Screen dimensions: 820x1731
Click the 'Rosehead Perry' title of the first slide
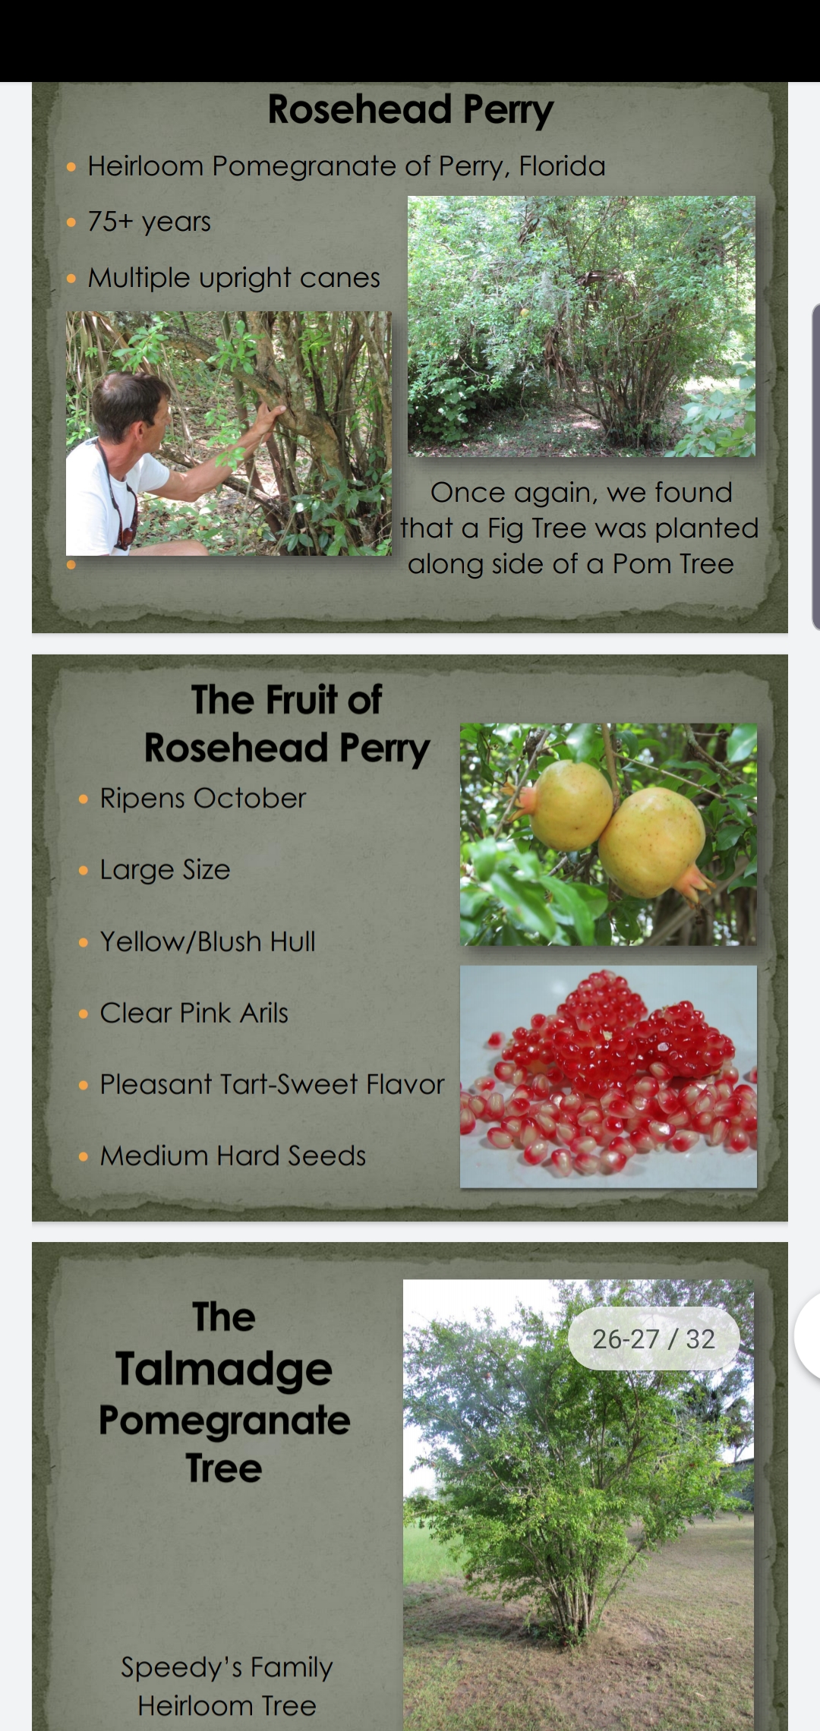(x=411, y=110)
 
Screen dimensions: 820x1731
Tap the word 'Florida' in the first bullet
(x=562, y=166)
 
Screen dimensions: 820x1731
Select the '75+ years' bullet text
(x=150, y=222)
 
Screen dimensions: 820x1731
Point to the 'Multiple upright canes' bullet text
(x=234, y=278)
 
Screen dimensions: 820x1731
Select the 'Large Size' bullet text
(x=166, y=870)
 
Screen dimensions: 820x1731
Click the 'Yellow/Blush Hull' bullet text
(x=208, y=941)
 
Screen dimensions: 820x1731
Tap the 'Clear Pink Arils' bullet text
(x=194, y=1013)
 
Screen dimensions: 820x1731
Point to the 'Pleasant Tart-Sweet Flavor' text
(x=273, y=1084)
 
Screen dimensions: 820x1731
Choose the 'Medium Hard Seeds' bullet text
(x=233, y=1156)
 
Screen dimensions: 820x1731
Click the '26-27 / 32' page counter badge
(x=654, y=1339)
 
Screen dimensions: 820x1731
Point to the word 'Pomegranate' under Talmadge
(x=225, y=1420)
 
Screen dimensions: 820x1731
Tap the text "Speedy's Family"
(x=227, y=1667)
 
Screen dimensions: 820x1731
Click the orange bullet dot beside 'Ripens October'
(x=84, y=799)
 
